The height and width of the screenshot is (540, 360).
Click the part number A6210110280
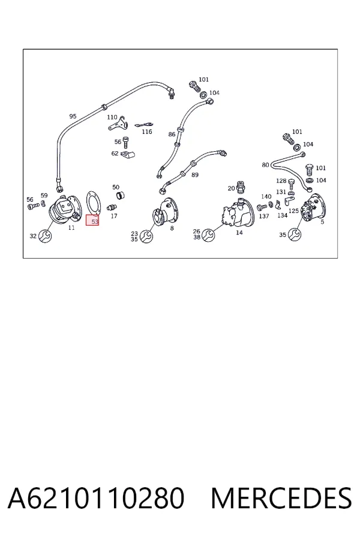pos(96,498)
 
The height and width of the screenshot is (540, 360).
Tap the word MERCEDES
pos(281,498)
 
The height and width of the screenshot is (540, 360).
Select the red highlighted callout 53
pos(92,220)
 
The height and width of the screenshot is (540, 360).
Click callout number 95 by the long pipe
pos(73,116)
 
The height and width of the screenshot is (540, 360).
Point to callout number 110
pos(112,117)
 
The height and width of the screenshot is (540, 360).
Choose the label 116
pos(147,131)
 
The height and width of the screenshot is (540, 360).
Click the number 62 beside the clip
pos(115,153)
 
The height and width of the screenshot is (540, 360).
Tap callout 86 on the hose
pos(172,134)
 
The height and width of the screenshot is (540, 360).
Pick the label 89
pos(195,175)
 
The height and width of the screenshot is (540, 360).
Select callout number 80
pos(265,164)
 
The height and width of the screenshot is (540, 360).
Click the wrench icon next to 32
pos(45,236)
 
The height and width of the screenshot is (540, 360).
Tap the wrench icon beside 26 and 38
pos(208,235)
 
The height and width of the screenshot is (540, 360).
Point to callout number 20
pos(231,188)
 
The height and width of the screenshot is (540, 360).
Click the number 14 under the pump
pos(239,232)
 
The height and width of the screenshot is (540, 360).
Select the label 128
pos(281,181)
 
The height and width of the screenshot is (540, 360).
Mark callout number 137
pos(264,216)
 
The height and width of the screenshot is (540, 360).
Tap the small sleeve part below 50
pos(120,196)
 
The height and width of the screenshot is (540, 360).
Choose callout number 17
pos(114,216)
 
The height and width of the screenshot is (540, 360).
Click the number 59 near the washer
pos(44,196)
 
